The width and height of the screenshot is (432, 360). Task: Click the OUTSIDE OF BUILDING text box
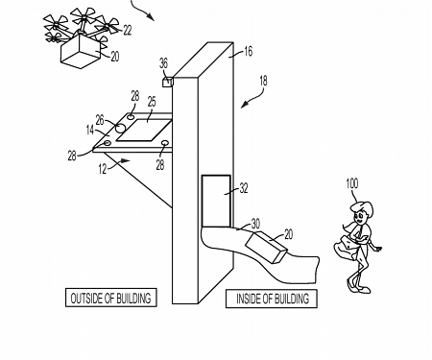click(x=109, y=299)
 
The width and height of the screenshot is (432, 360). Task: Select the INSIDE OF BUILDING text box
click(x=273, y=299)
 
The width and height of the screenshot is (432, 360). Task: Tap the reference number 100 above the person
click(x=354, y=182)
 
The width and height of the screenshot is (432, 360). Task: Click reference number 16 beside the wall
click(x=248, y=53)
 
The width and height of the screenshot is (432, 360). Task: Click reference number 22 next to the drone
click(x=128, y=32)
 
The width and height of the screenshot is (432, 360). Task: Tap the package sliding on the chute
click(x=268, y=249)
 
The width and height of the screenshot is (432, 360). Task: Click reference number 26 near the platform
click(x=111, y=120)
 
